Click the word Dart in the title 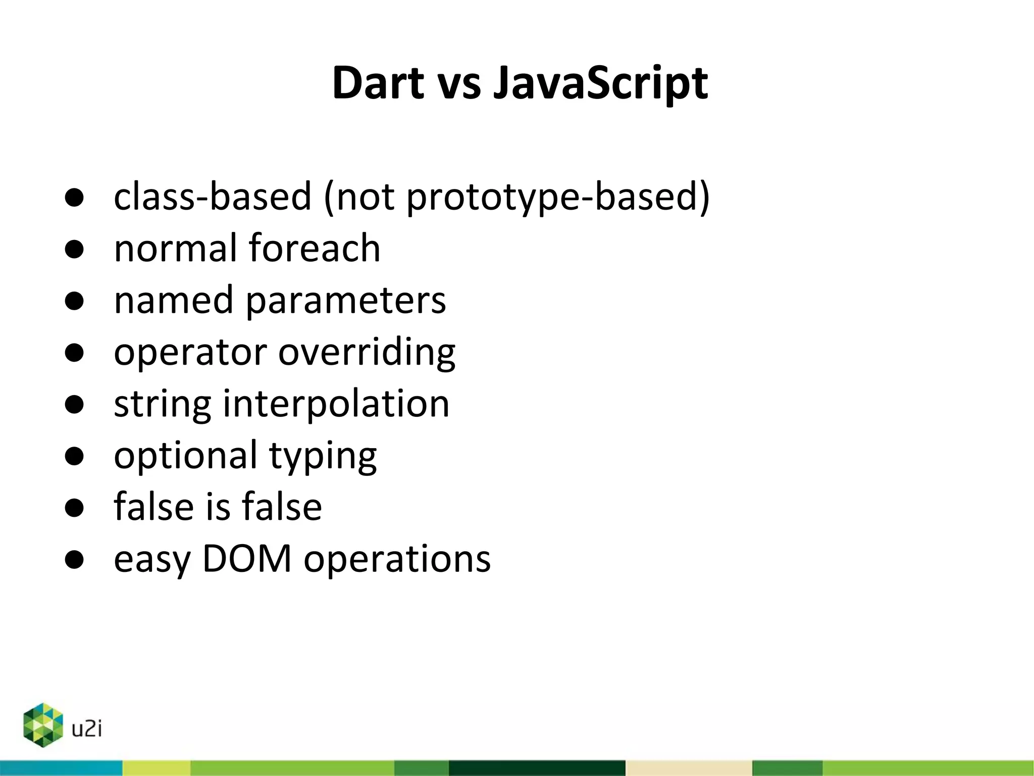tap(378, 83)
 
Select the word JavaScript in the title tap(600, 84)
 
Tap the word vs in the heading tap(459, 84)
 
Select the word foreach tap(314, 248)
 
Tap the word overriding tap(367, 352)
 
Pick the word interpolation tap(336, 404)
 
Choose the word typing tap(323, 456)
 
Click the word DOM tap(247, 559)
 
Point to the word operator tap(190, 353)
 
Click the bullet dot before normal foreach tap(74, 249)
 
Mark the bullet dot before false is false tap(74, 508)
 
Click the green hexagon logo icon tap(43, 725)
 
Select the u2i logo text tap(87, 729)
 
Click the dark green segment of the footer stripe tap(537, 768)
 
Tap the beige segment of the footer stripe tap(688, 768)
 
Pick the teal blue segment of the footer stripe tap(61, 768)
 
